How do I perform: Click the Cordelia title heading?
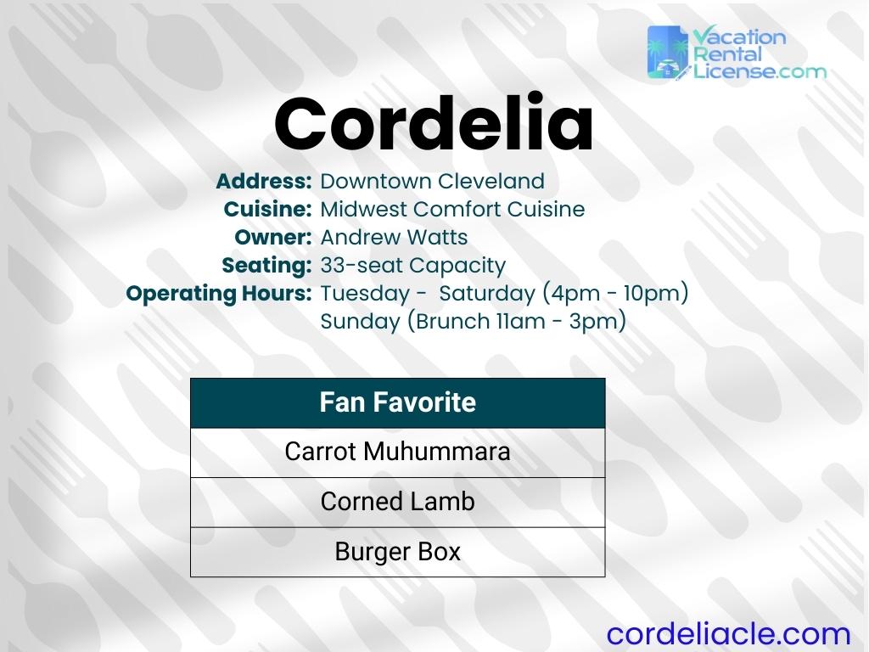pos(434,124)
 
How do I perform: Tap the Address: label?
pos(264,182)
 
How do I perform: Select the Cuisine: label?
pos(268,209)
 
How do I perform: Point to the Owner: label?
pos(273,237)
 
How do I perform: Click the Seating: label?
pos(266,265)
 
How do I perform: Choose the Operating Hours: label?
pos(219,294)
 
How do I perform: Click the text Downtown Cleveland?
pos(432,182)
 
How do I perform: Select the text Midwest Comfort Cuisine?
pos(452,209)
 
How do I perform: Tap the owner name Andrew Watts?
pos(394,237)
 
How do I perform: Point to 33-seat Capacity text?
pos(412,265)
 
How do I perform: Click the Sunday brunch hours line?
pos(473,322)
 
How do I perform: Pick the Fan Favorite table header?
pos(397,402)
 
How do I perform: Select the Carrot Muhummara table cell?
pos(397,452)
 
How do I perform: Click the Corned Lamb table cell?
pos(397,502)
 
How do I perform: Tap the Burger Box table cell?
pos(397,552)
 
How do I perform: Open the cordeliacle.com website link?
pos(728,633)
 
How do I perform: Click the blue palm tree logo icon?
pos(668,53)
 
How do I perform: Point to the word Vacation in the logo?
pos(739,37)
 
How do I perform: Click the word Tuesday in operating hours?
pos(366,294)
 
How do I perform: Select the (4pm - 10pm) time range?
pos(614,294)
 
